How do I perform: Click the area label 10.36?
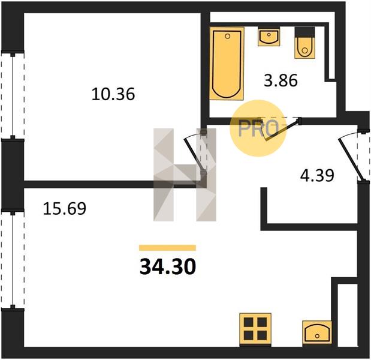point(113,94)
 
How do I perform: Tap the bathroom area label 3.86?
point(280,80)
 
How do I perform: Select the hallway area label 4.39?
point(317,175)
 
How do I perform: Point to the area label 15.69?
point(64,208)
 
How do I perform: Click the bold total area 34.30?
point(168,266)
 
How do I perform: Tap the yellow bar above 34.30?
point(167,247)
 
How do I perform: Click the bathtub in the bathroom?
point(227,64)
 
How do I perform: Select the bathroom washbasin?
point(269,36)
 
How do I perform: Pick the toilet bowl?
point(304,47)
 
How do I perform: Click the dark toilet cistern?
point(304,32)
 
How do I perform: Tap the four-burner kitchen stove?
point(255,329)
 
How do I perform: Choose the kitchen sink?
point(317,332)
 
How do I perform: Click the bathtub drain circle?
point(228,36)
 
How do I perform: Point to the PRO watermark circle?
point(258,128)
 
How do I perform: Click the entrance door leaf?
point(351,159)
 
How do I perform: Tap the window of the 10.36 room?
point(13,95)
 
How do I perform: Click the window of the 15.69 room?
point(13,260)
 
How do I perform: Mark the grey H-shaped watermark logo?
point(185,175)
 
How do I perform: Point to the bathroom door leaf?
point(282,131)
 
